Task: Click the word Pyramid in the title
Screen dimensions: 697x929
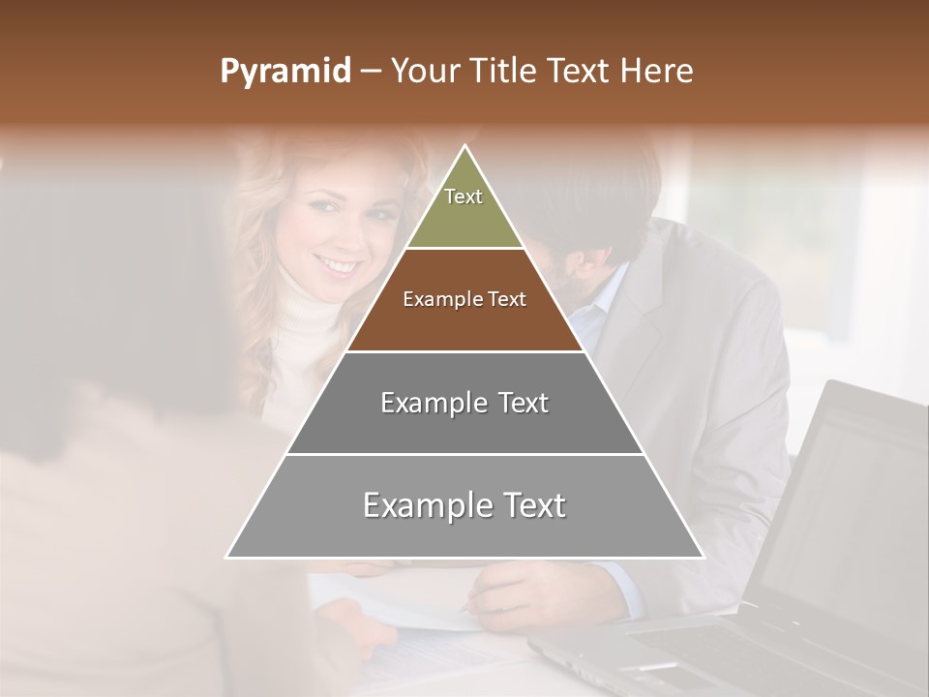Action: coord(285,72)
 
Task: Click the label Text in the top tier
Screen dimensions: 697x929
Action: coord(464,197)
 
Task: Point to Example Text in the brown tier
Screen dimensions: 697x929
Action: coord(464,299)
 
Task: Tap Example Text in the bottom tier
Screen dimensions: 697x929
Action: coord(464,505)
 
